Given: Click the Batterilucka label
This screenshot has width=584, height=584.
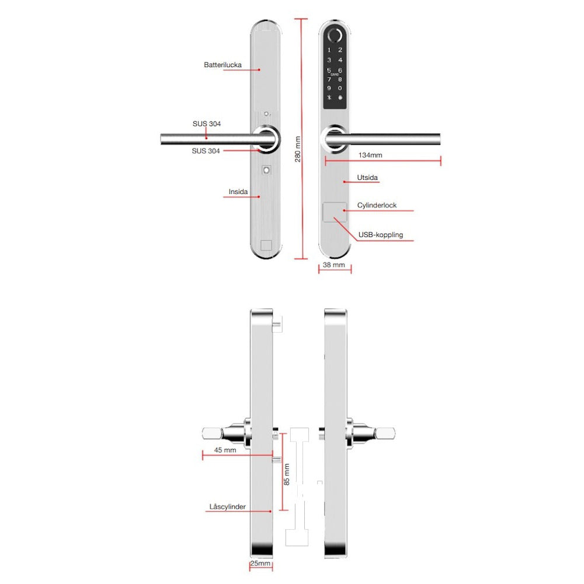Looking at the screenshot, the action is pyautogui.click(x=223, y=65).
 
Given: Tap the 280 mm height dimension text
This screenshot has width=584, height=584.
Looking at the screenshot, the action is pyautogui.click(x=298, y=149).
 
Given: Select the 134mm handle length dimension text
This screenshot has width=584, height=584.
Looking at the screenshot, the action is pyautogui.click(x=370, y=155).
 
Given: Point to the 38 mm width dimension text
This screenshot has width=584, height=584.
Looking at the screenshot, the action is pyautogui.click(x=333, y=265).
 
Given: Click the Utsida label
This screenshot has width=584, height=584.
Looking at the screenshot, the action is pyautogui.click(x=367, y=178).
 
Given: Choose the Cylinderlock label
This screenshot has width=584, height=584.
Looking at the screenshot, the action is pyautogui.click(x=377, y=205).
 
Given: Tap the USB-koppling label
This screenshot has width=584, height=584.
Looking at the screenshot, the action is pyautogui.click(x=381, y=235).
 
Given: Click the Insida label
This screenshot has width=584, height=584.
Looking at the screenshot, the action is pyautogui.click(x=238, y=192).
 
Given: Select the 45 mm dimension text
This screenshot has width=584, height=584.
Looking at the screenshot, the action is pyautogui.click(x=225, y=450).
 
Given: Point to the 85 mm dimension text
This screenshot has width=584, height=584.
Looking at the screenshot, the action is pyautogui.click(x=286, y=474).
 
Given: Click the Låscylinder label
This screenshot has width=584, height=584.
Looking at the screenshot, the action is pyautogui.click(x=227, y=506).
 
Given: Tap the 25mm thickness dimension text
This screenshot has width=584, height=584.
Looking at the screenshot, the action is pyautogui.click(x=260, y=563).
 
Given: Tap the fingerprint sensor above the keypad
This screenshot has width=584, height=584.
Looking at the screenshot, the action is pyautogui.click(x=335, y=36).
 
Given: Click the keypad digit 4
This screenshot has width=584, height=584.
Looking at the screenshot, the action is pyautogui.click(x=340, y=60).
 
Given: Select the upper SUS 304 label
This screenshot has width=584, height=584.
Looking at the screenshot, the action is pyautogui.click(x=206, y=124).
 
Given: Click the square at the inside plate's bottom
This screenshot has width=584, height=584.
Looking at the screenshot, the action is pyautogui.click(x=266, y=245).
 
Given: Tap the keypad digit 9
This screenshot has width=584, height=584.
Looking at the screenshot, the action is pyautogui.click(x=329, y=88).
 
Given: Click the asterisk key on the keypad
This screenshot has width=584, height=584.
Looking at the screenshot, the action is pyautogui.click(x=329, y=98).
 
